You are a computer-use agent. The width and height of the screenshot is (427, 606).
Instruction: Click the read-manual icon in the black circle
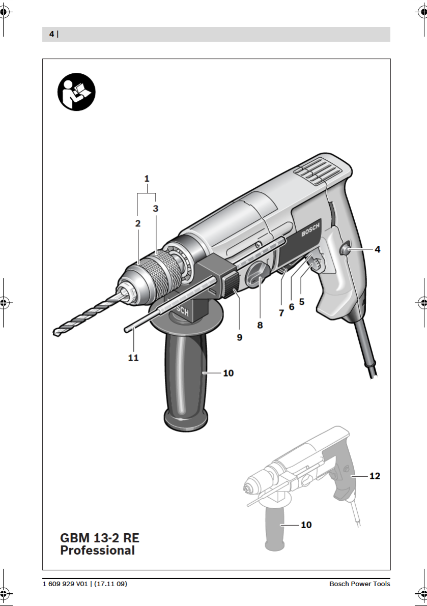(x=76, y=92)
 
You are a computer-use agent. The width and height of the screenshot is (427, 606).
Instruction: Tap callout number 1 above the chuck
(x=147, y=179)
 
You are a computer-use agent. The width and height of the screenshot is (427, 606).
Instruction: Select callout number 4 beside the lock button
(x=378, y=249)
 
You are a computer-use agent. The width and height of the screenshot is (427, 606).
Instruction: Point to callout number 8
(x=260, y=326)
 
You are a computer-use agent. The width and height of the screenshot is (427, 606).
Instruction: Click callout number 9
(x=240, y=337)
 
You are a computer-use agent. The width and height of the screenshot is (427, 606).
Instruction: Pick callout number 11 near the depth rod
(x=133, y=358)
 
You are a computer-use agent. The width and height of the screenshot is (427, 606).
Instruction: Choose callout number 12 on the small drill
(x=375, y=476)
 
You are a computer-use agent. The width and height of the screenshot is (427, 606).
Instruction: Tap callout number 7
(x=281, y=313)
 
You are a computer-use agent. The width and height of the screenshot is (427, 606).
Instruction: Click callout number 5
(x=302, y=301)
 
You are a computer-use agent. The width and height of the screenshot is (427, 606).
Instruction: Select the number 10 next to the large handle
(x=229, y=373)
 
